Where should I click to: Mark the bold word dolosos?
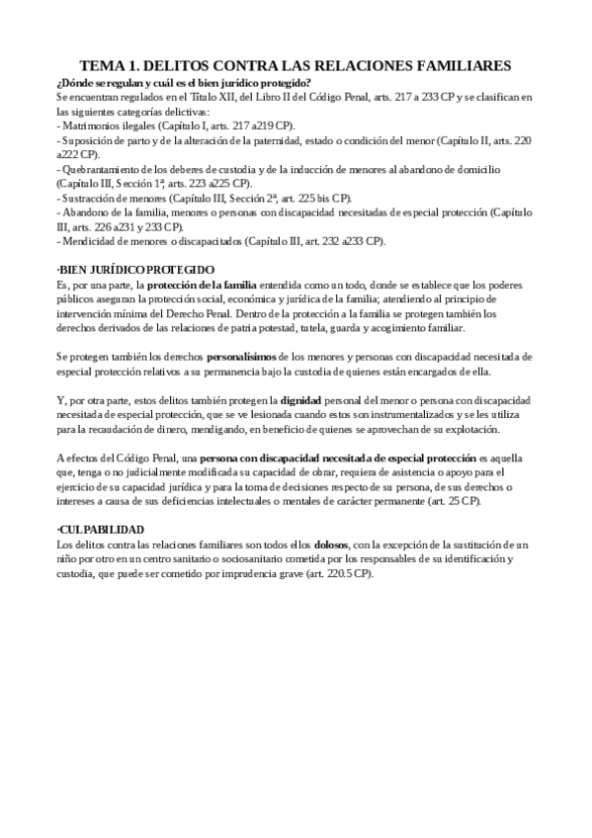click(x=331, y=545)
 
